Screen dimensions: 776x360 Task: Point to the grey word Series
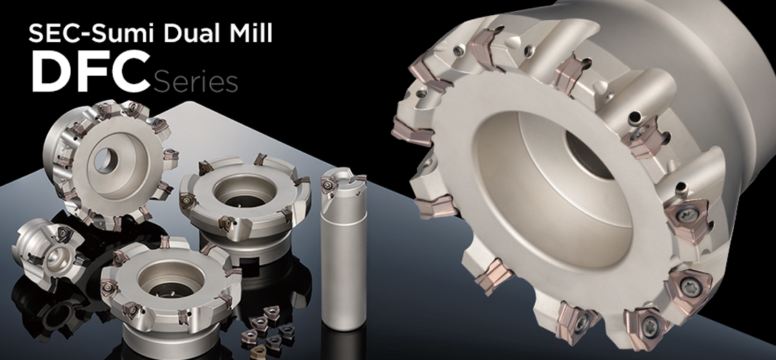coord(195,83)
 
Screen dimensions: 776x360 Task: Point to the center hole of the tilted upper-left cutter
coord(103,158)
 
